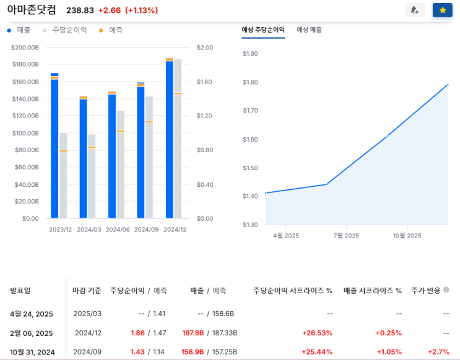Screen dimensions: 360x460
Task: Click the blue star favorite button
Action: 442,11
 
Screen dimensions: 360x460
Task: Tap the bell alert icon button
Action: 414,11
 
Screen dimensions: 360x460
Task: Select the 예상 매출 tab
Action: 309,30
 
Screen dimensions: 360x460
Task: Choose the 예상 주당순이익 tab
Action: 263,30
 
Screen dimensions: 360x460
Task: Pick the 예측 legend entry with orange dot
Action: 111,30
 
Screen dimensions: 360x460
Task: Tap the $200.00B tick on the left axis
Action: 25,48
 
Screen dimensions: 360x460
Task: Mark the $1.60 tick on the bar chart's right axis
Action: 204,82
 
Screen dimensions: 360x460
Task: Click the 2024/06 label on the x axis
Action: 118,229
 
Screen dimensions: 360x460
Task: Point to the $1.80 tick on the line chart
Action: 250,82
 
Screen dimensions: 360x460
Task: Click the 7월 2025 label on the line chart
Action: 346,236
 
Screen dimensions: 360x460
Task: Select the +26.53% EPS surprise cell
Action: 317,333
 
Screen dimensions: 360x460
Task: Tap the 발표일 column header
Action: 20,291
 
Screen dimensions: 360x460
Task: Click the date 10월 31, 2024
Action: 32,352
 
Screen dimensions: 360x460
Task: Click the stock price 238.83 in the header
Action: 79,11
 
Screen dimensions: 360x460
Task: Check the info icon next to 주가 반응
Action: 446,290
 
